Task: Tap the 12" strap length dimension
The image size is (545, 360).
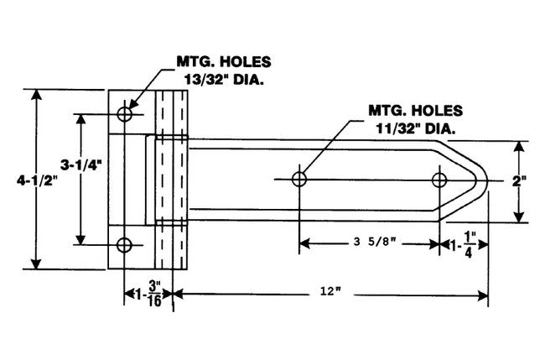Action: [328, 291]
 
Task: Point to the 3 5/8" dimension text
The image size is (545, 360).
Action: [369, 243]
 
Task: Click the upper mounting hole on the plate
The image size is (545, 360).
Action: [125, 114]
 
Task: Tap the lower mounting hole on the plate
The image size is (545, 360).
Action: [125, 245]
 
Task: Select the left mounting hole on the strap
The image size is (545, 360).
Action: [299, 179]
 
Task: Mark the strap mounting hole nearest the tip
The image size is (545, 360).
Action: [439, 179]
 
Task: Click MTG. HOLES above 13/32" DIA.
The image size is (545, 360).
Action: [220, 63]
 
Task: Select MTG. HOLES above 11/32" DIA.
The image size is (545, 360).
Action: [416, 110]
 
